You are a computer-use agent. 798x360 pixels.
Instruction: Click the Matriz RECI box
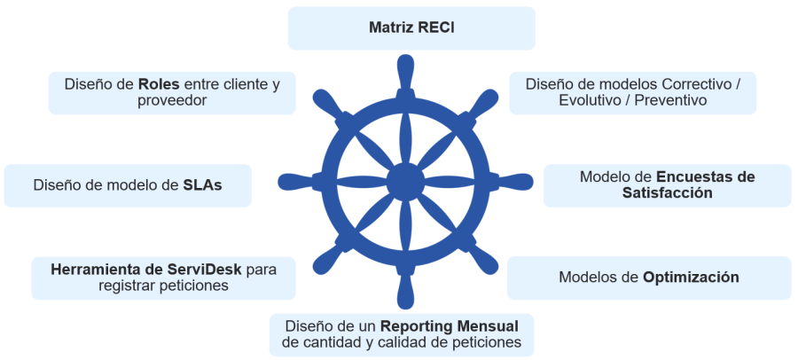coord(411,27)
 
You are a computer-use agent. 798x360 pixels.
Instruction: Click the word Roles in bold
coord(160,84)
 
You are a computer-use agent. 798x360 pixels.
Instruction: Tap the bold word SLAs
coord(202,185)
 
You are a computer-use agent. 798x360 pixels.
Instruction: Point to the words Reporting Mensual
coord(450,325)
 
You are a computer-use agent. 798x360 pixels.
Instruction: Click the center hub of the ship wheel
coord(405,182)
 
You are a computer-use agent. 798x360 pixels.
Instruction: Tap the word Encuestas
coord(705,176)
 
